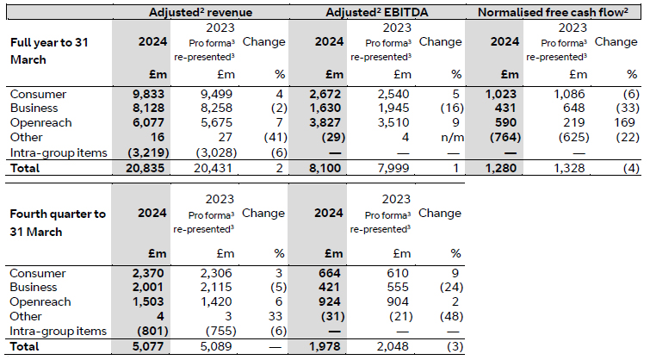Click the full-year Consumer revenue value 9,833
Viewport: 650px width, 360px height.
153,93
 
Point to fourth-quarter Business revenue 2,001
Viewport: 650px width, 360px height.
153,287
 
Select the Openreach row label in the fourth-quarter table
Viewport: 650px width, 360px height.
34,302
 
